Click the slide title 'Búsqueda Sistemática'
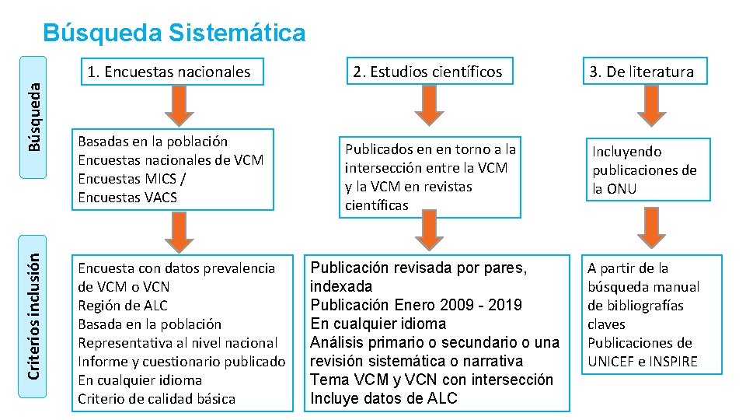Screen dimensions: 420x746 click(175, 33)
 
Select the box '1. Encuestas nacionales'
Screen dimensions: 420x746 click(169, 72)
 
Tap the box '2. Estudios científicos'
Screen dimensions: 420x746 click(427, 72)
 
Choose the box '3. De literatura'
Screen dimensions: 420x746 click(641, 72)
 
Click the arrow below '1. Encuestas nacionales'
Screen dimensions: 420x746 click(180, 103)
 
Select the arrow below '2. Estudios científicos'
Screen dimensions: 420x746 click(428, 103)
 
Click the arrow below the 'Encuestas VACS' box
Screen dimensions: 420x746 click(180, 230)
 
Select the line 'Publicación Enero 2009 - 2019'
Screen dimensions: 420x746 click(416, 305)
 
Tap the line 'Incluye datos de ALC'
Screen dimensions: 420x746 click(384, 398)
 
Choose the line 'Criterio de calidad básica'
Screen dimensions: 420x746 click(156, 399)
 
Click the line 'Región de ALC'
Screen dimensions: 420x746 click(123, 306)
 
